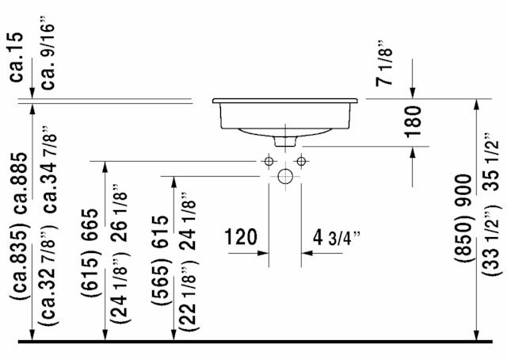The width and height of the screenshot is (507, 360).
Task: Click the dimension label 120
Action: (241, 237)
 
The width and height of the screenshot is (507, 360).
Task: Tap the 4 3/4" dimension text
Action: (336, 238)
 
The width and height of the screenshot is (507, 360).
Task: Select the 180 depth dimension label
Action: (414, 122)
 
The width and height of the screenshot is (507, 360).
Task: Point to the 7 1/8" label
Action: (384, 63)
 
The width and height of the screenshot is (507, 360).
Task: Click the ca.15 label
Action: (16, 57)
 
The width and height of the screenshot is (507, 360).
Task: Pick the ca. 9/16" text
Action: (48, 52)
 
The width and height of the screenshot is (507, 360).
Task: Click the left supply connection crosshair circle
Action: (269, 161)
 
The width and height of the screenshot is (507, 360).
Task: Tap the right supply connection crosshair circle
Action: (301, 161)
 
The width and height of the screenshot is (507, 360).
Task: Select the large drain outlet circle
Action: (285, 177)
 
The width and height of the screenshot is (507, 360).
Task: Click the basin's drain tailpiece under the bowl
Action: (285, 141)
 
